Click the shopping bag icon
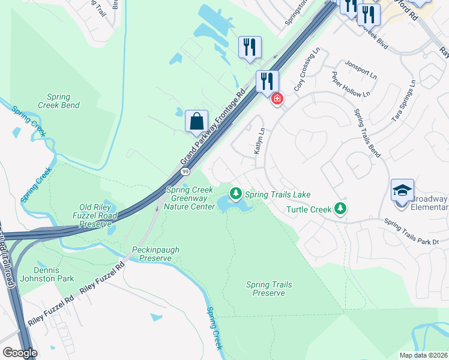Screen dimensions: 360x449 196,121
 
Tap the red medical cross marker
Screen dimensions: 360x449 277,98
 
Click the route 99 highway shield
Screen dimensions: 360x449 184,172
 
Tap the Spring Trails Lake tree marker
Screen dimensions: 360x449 237,193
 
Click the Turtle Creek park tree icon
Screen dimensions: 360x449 341,208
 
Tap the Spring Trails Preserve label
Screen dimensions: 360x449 268,289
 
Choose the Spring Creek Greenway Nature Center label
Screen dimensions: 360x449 190,198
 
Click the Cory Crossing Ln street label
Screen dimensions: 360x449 305,75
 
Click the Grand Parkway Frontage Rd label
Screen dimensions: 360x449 213,128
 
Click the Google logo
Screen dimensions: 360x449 20,353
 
